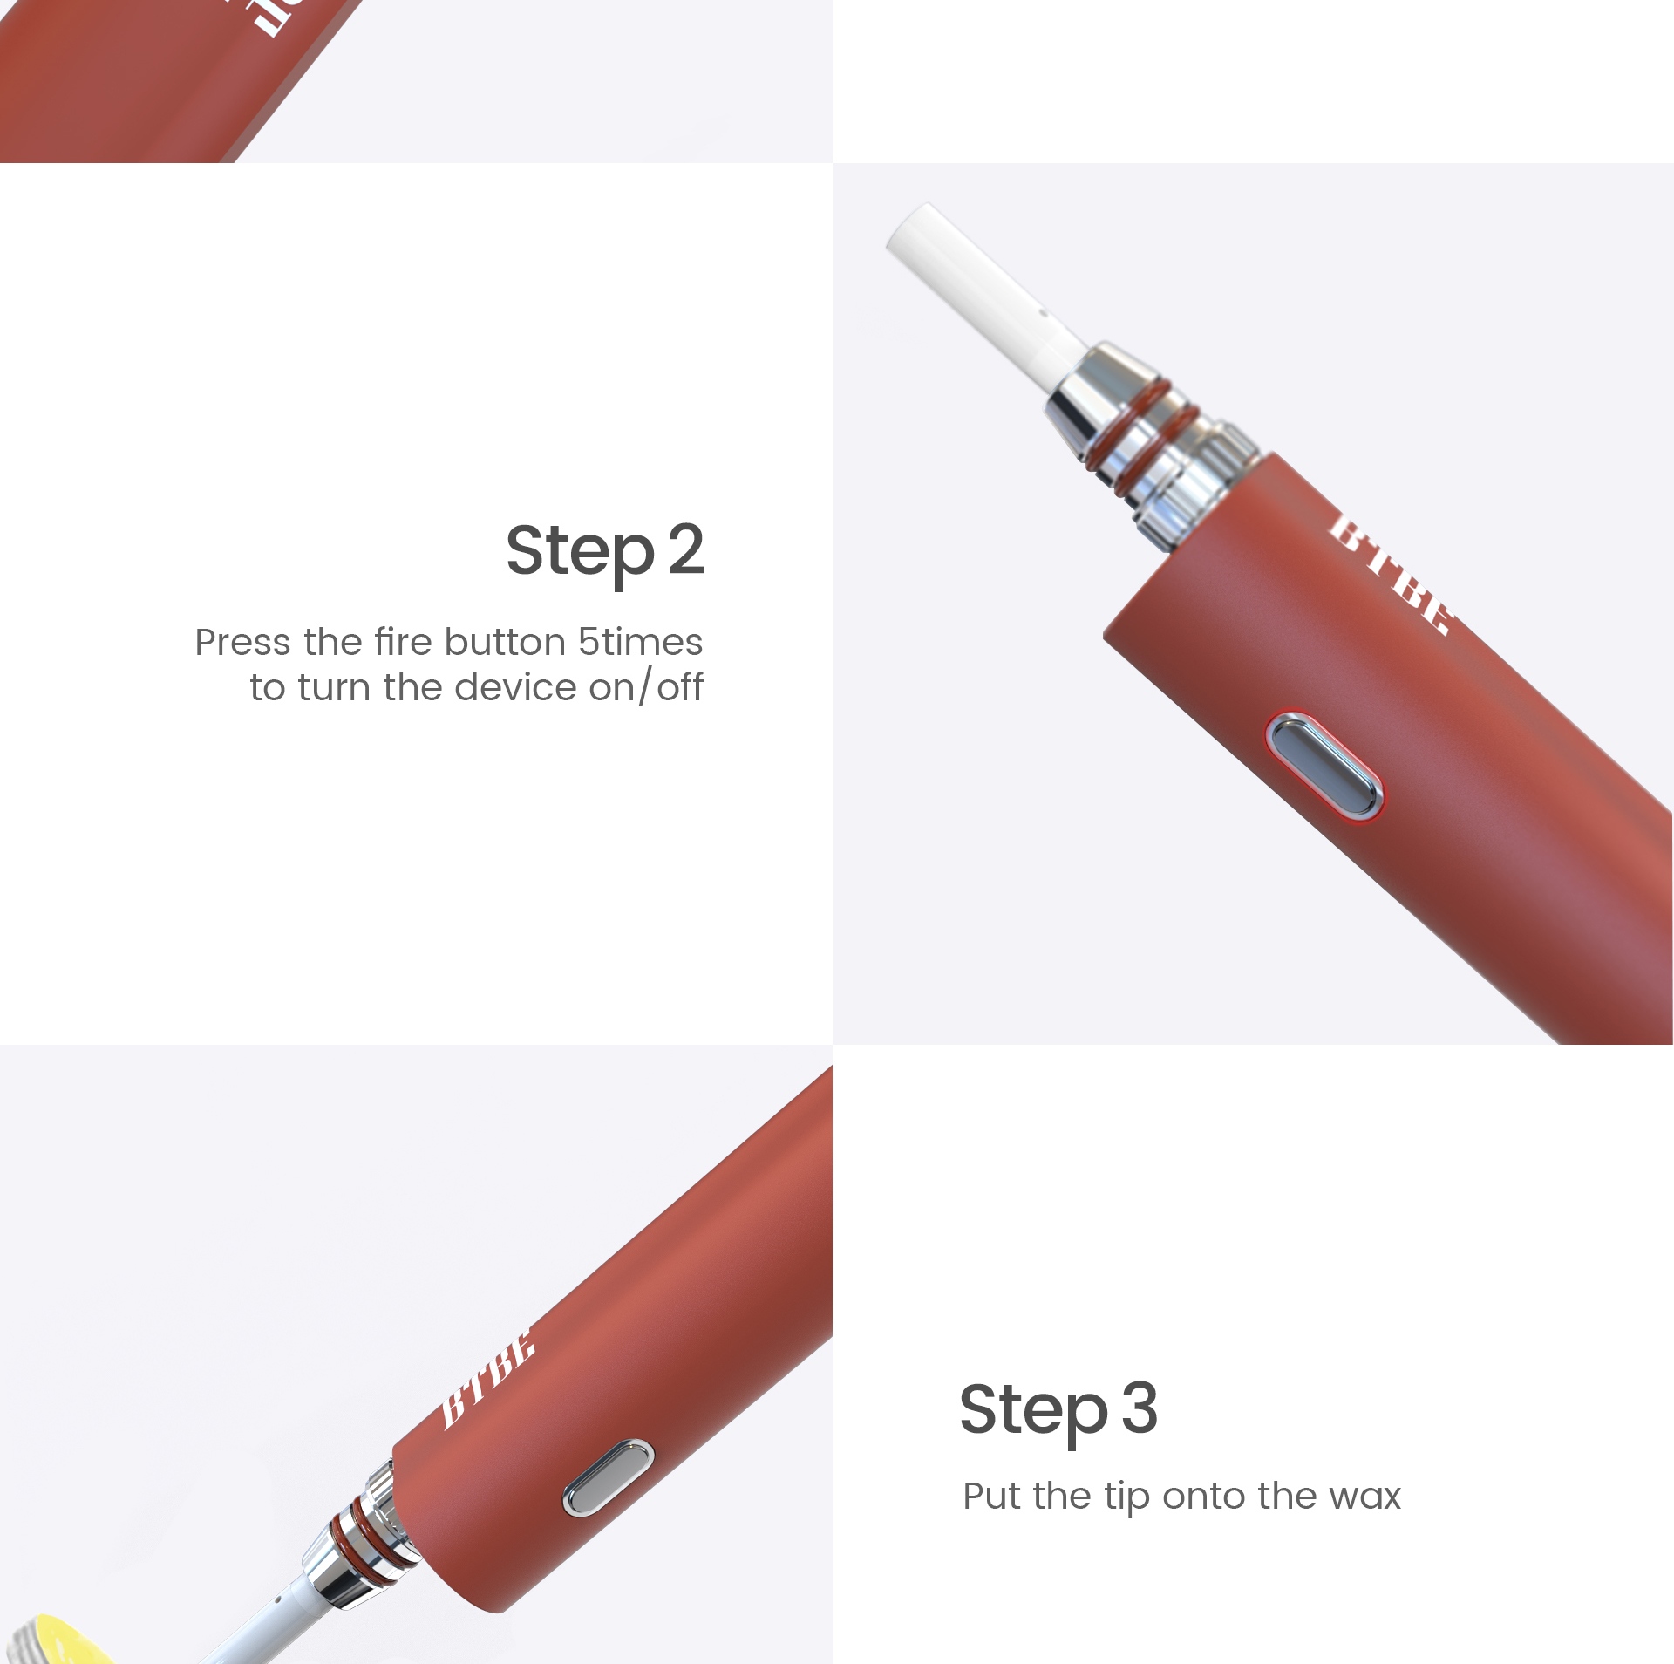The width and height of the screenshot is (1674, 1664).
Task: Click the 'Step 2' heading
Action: (x=604, y=552)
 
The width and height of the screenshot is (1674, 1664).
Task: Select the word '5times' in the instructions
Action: (x=640, y=642)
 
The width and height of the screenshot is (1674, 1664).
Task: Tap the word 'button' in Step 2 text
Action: (x=505, y=642)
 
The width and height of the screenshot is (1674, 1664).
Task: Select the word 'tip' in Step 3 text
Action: (x=1127, y=1497)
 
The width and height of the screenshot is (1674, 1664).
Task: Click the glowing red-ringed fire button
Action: (x=1324, y=767)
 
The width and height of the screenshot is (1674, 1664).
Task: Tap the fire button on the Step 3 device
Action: (x=609, y=1476)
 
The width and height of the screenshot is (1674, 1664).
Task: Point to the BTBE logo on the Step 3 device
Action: (x=487, y=1379)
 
